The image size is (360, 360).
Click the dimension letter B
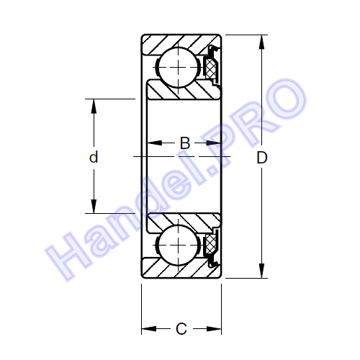coord(185,143)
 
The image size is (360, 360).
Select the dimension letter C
coord(181,328)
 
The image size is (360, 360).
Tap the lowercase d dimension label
coord(94,157)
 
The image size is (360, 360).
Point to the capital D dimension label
coord(261,158)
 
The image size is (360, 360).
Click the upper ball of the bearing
coord(178,67)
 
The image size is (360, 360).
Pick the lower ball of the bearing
coord(178,245)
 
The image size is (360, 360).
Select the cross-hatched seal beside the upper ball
coord(211,68)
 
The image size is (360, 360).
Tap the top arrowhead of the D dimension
coord(261,42)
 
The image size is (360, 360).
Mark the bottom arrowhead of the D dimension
coord(261,271)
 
